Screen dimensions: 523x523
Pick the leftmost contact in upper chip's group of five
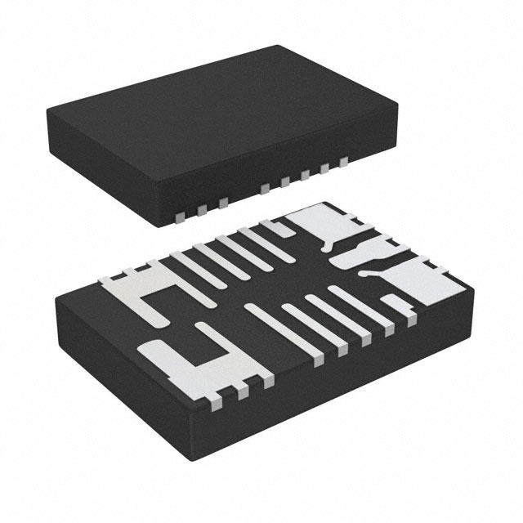coord(263,190)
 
